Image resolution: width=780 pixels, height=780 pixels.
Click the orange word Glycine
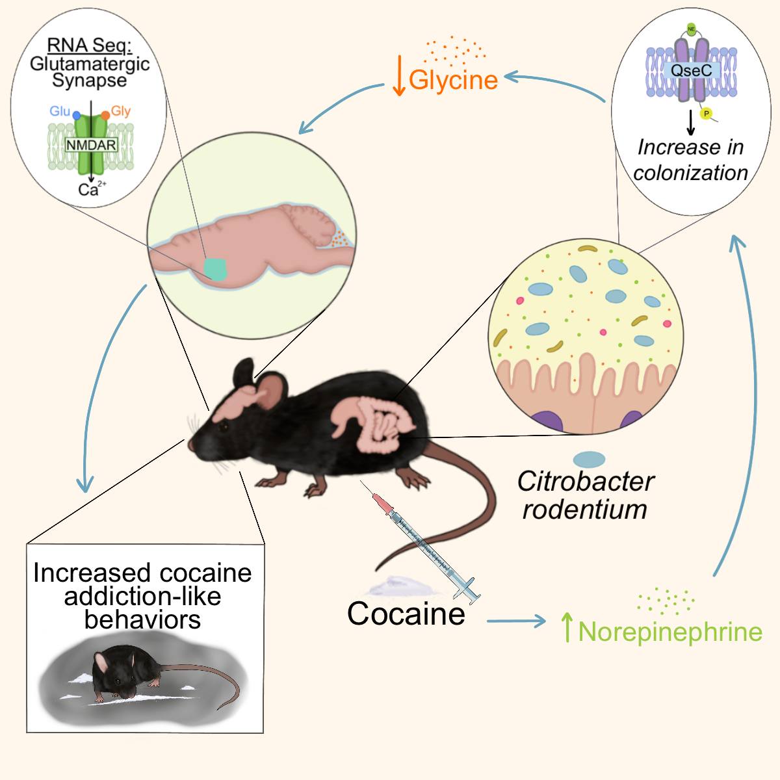click(454, 80)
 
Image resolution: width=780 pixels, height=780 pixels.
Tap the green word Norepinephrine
click(670, 632)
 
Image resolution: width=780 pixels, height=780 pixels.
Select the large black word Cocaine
click(406, 614)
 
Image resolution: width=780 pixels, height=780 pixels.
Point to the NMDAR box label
click(91, 145)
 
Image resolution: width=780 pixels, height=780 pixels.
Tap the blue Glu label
click(60, 111)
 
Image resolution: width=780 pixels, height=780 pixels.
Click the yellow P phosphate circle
click(705, 114)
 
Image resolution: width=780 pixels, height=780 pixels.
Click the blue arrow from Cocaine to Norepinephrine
click(516, 621)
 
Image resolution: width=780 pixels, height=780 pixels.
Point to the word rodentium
click(584, 509)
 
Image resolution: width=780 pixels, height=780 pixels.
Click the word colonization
click(690, 173)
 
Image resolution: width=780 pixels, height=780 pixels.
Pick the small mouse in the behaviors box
click(123, 676)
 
